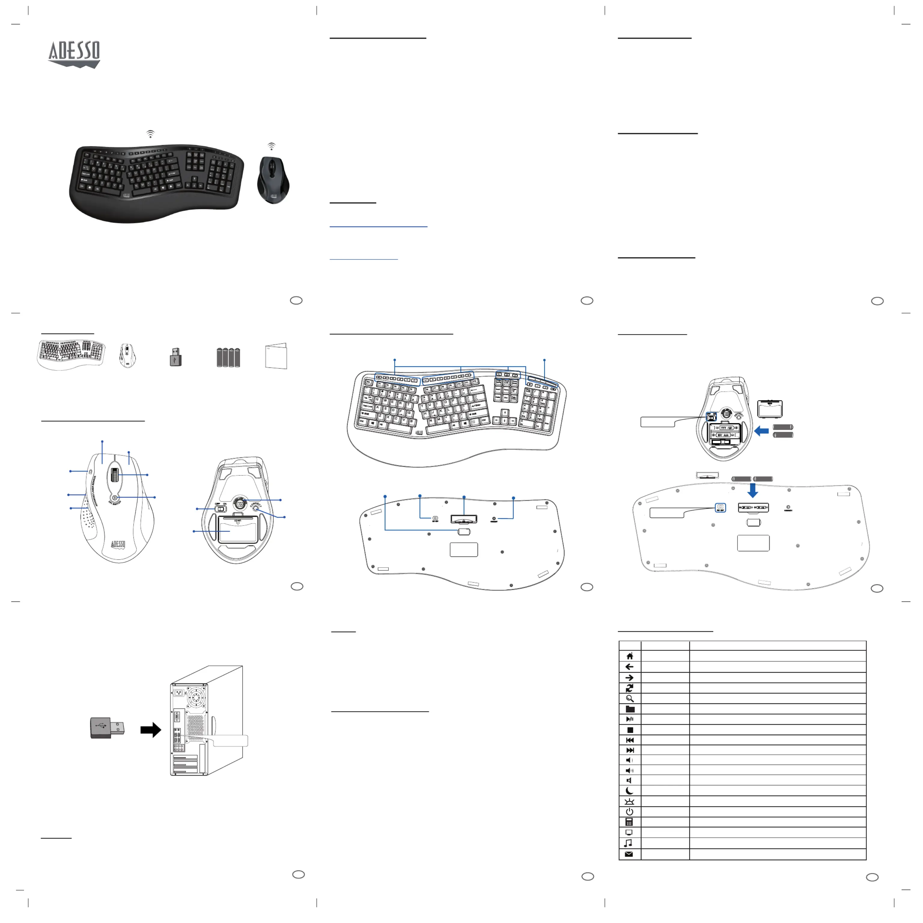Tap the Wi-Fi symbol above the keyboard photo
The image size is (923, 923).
coord(151,134)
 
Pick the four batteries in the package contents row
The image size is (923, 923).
coord(228,357)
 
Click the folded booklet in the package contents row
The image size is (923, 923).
coord(276,356)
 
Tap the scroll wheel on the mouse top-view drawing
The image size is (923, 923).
coord(115,475)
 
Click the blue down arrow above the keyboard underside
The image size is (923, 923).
coord(752,490)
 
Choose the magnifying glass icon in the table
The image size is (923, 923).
coord(630,699)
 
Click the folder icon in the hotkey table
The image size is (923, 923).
coord(630,709)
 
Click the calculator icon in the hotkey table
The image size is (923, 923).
coord(630,822)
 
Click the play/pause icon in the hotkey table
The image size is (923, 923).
coord(630,719)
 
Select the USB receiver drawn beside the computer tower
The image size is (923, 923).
coord(108,728)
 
